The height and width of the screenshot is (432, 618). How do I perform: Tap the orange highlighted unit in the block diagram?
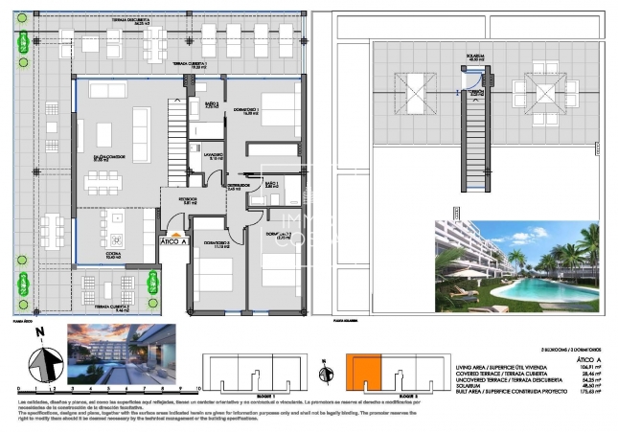[x=363, y=372]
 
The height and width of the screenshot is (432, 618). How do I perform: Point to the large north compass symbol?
[x=39, y=361]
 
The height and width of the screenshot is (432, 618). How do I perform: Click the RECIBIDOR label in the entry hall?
[x=175, y=199]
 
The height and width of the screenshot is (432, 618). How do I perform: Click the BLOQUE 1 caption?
[x=261, y=395]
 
